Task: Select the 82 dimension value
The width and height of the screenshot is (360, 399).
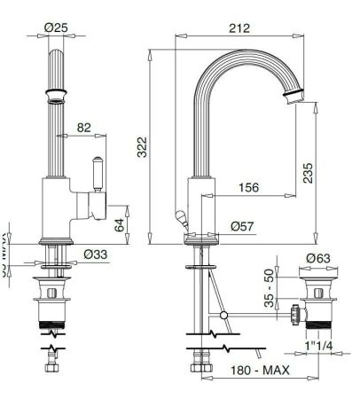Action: point(84,128)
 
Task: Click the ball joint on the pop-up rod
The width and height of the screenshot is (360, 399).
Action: point(223,316)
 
